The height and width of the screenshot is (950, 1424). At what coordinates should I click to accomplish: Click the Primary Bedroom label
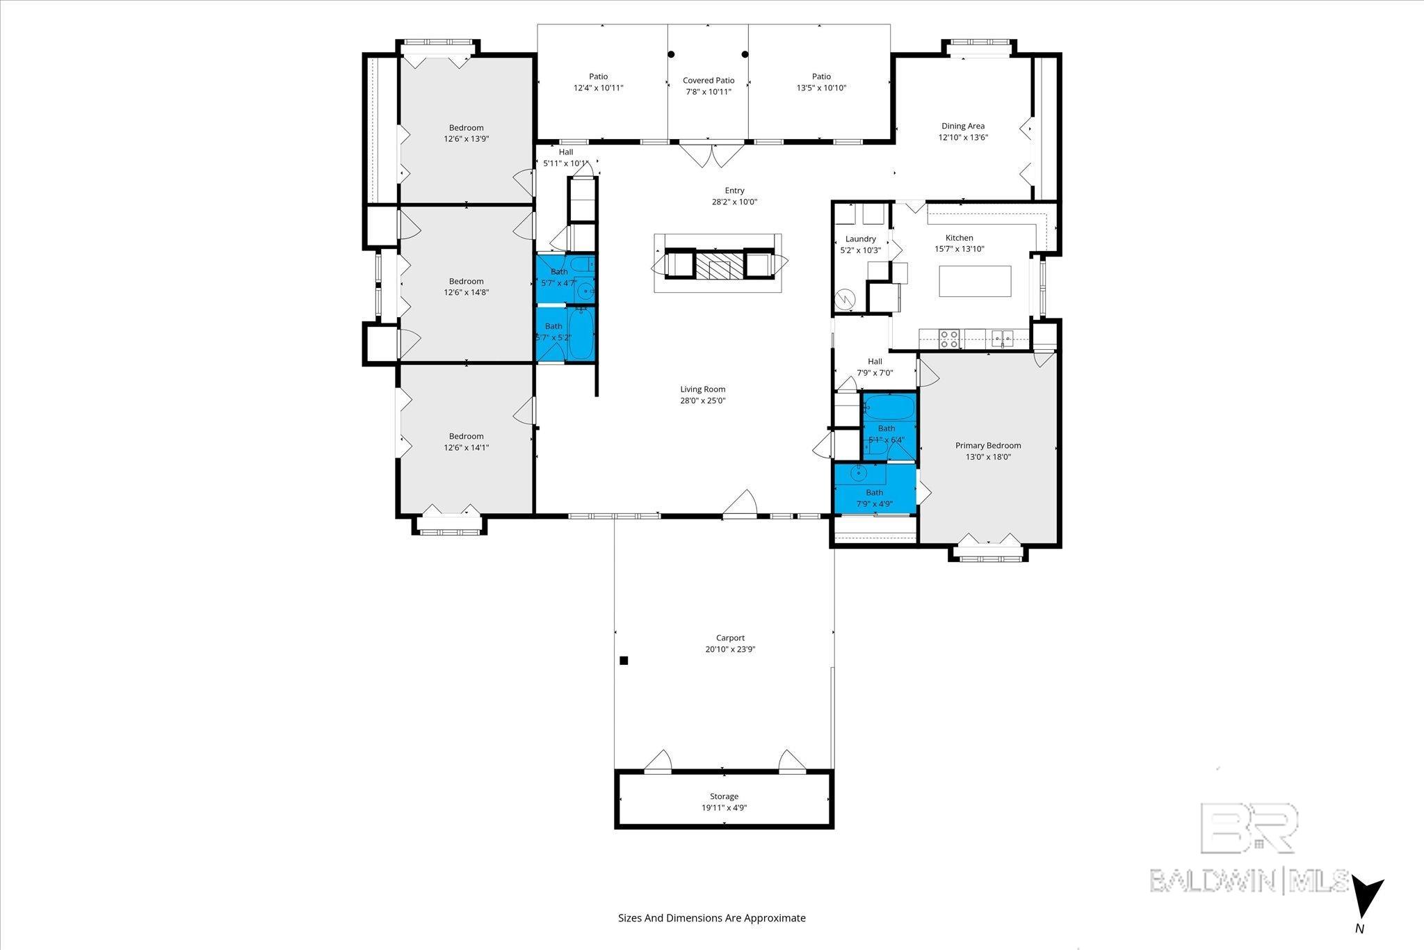[988, 446]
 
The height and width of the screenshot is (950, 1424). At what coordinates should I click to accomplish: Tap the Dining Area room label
[963, 126]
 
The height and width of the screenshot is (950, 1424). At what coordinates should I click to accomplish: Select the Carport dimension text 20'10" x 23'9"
[730, 650]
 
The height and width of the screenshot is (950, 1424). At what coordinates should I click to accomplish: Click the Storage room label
[725, 796]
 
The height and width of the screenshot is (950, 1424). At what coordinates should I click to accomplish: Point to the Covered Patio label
[709, 81]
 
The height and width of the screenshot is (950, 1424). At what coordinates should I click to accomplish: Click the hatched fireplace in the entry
[720, 265]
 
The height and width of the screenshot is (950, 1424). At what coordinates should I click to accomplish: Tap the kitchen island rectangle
[975, 281]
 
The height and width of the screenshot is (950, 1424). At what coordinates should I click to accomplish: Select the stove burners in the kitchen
[949, 339]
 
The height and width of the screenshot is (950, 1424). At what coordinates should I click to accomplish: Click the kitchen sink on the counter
[1002, 339]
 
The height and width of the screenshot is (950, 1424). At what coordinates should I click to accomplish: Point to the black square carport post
[624, 661]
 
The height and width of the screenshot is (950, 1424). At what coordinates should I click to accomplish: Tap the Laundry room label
[860, 239]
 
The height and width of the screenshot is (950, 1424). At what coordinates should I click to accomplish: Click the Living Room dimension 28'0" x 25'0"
[703, 401]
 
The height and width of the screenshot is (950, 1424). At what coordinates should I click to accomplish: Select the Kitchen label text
[959, 238]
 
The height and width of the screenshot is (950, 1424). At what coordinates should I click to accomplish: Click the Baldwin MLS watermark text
[1249, 880]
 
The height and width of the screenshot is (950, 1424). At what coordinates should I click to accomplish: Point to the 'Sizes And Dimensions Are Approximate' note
[712, 918]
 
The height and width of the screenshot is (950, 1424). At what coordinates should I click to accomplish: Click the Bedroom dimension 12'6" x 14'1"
[466, 448]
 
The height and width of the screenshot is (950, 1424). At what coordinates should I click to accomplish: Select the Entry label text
[734, 191]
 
